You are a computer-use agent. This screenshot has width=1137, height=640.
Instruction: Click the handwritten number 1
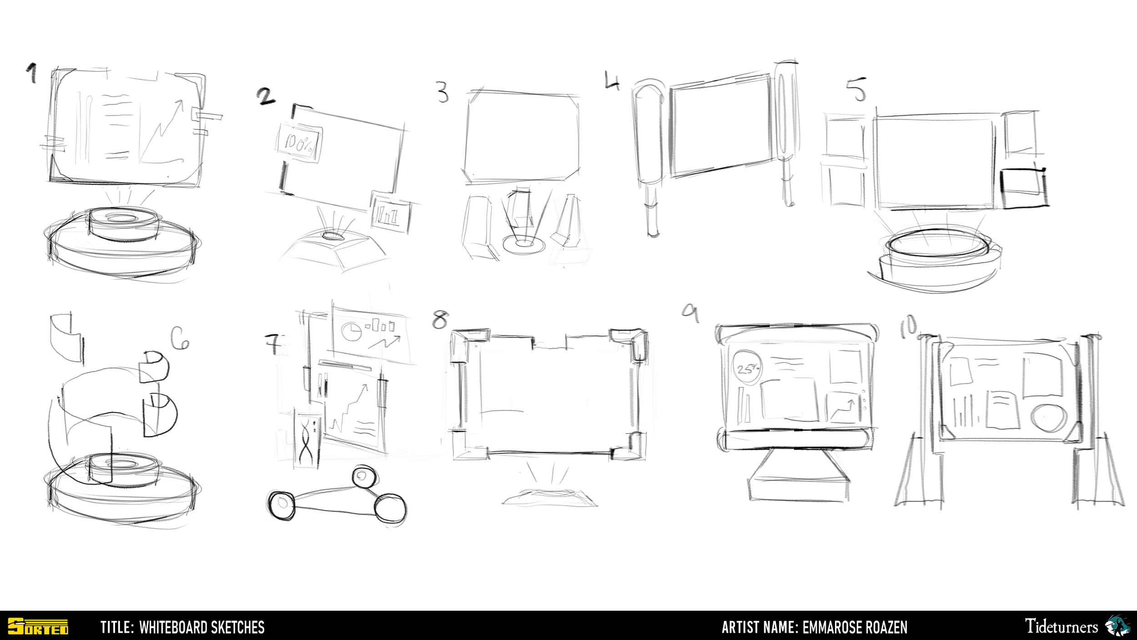coord(31,73)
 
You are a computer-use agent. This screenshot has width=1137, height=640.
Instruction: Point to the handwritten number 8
coord(440,320)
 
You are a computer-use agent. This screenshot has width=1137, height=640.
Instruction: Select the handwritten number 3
coord(443,92)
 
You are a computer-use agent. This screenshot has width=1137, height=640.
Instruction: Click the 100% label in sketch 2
coord(299,143)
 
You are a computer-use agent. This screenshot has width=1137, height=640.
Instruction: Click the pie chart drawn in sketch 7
coord(351,331)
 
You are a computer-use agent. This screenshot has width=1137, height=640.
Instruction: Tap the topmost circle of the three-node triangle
coord(364,477)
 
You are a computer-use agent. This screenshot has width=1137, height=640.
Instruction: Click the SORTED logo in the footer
coord(38,626)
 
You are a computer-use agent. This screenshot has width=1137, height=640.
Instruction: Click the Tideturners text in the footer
coord(1061,626)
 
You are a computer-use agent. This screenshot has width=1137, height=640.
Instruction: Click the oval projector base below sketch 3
coord(524,244)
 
